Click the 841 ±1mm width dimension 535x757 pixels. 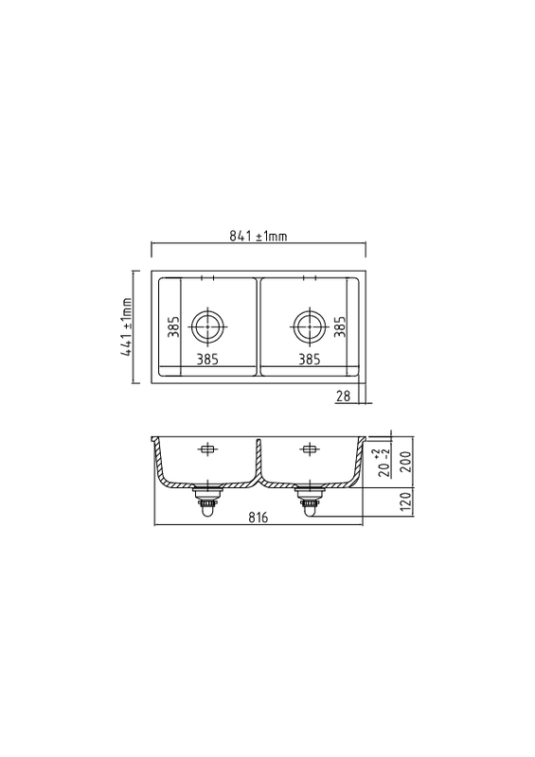(x=259, y=236)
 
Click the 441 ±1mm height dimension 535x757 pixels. (x=127, y=326)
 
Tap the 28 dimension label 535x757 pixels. (x=343, y=396)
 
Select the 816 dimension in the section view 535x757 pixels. (x=259, y=518)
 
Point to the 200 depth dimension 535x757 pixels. (x=405, y=462)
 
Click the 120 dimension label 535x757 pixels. (x=405, y=502)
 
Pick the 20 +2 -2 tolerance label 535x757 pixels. (x=384, y=463)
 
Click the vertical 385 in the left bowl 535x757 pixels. (x=174, y=326)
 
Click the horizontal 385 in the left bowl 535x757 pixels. (x=207, y=360)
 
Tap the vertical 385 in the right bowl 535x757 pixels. (x=340, y=326)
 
